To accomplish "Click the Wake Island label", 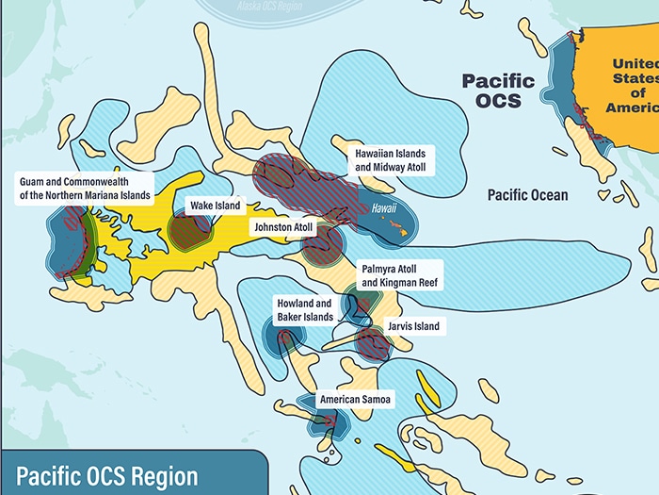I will (x=216, y=205).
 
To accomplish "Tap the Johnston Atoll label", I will (x=281, y=227).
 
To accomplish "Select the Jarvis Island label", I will (x=413, y=326).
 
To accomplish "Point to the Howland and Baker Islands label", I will (x=304, y=310).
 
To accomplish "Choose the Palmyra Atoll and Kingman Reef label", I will (x=399, y=275).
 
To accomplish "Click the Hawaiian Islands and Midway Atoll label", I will (x=391, y=159).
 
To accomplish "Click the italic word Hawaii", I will (x=384, y=208).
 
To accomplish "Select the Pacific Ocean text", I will (x=527, y=194).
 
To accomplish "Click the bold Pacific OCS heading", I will (x=498, y=91).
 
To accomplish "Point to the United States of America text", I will (x=632, y=85).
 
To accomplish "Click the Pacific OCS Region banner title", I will (x=107, y=474).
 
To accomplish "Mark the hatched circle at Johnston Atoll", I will (x=322, y=243).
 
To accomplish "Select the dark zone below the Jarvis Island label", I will (x=374, y=344).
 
